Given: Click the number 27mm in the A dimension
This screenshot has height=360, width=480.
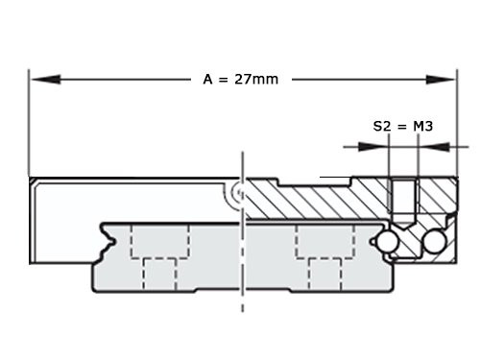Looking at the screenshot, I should (x=258, y=79).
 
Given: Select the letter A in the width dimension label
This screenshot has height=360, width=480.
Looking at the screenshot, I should (x=207, y=79).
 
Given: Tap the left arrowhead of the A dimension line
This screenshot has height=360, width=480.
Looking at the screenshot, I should (x=38, y=79).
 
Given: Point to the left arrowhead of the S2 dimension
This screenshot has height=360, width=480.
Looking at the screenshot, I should (x=378, y=148).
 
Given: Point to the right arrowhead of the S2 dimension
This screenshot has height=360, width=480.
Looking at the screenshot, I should (x=429, y=148).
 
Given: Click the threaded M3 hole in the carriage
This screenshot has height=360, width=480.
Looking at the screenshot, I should (x=404, y=200).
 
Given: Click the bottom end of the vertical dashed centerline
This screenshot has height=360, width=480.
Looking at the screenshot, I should (x=241, y=309).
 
